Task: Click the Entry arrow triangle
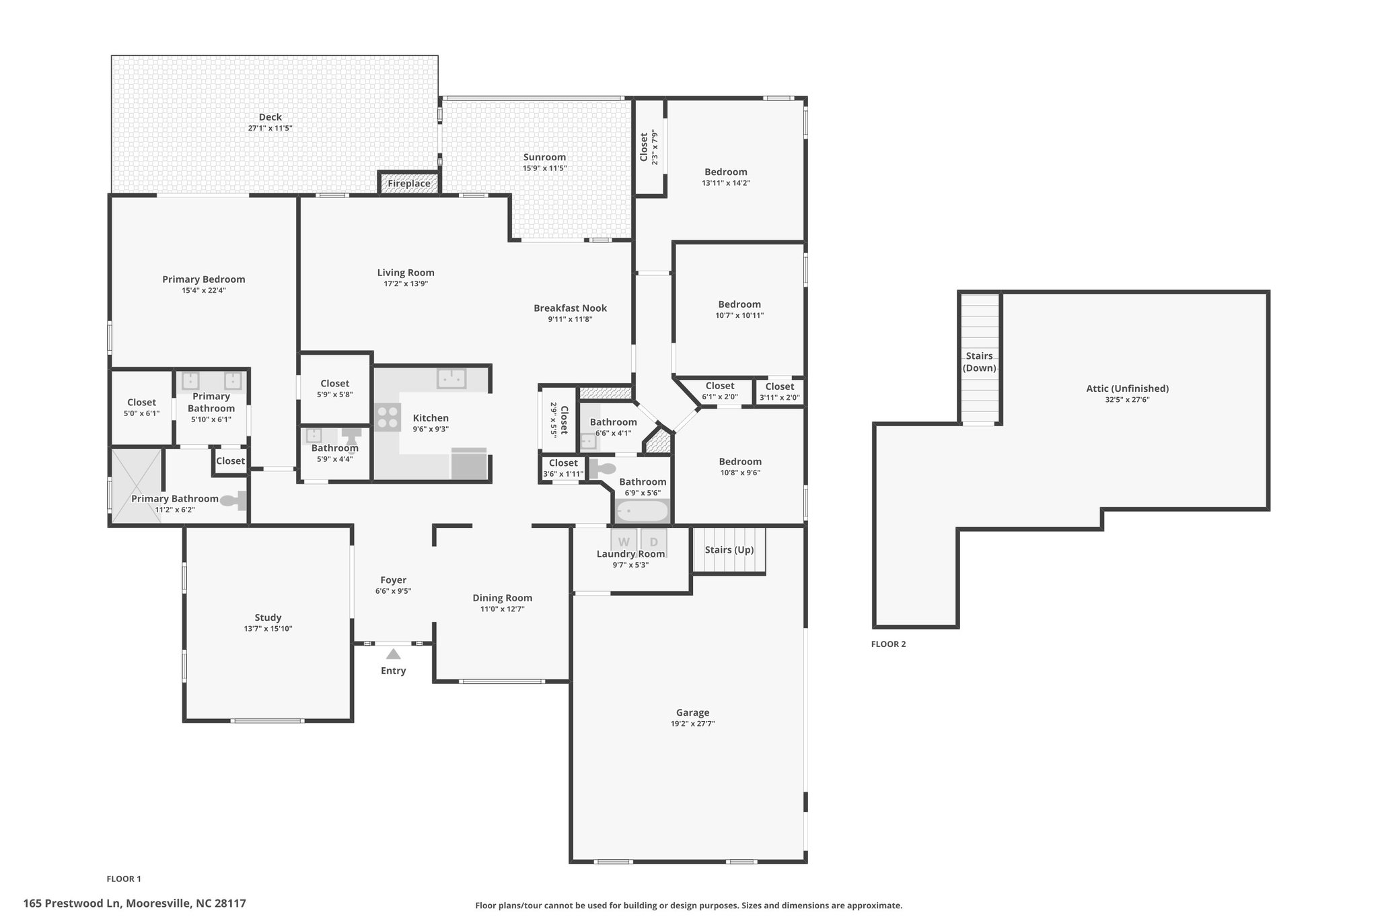click(394, 654)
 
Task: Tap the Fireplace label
click(409, 183)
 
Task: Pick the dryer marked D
click(653, 541)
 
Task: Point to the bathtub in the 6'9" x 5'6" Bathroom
click(642, 512)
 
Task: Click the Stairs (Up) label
click(729, 550)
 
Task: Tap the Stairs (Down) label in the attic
click(980, 362)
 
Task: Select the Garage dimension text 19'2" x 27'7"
click(692, 724)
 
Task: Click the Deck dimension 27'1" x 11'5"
click(270, 128)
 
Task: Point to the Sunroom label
click(544, 157)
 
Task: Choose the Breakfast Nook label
click(571, 308)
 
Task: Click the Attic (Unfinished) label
click(1128, 388)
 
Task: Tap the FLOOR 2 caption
click(889, 644)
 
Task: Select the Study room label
click(268, 617)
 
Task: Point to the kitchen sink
click(451, 378)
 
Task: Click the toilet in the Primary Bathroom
click(233, 500)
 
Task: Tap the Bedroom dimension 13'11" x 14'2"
click(726, 183)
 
